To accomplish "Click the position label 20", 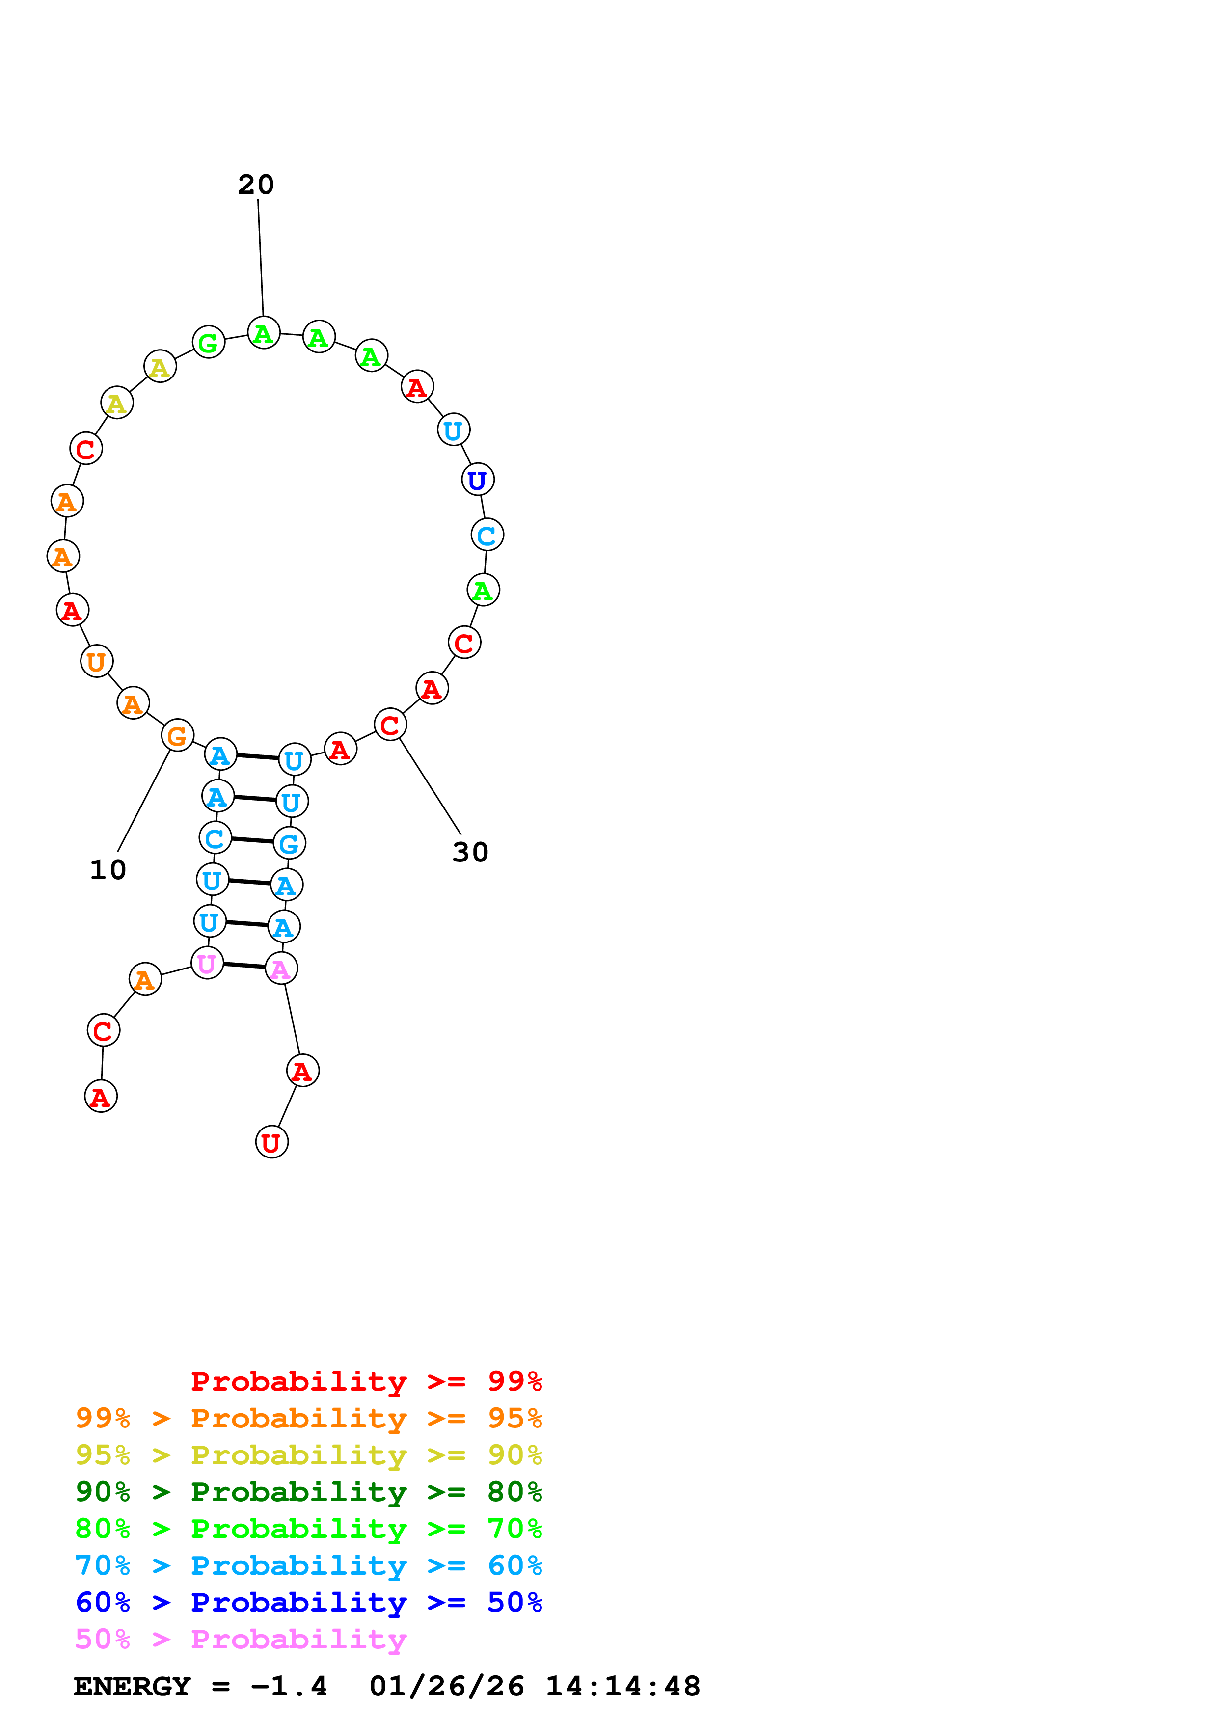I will tap(256, 185).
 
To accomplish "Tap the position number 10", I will tap(108, 870).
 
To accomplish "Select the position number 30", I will tap(470, 852).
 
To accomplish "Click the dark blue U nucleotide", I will tap(478, 480).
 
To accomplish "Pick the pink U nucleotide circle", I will tap(207, 964).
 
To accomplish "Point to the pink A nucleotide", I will tap(281, 969).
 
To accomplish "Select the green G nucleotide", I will tap(209, 343).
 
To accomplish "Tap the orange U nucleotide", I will tap(97, 662).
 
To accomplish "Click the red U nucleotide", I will tap(271, 1142).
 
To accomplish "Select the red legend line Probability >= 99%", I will tap(366, 1381).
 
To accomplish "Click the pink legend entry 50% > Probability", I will tap(241, 1640).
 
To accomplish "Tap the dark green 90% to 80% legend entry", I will tap(308, 1492).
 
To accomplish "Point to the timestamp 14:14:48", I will tap(622, 1687).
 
